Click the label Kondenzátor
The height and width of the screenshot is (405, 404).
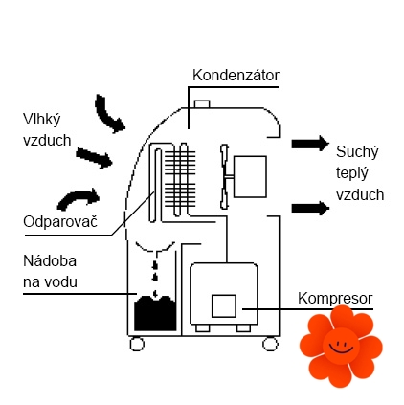(x=236, y=76)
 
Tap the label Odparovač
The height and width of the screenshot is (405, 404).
(x=60, y=221)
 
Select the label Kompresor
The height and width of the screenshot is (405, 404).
(x=335, y=298)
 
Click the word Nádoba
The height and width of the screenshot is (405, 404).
(x=50, y=260)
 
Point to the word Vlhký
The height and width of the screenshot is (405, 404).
(x=42, y=120)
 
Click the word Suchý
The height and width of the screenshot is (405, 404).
(x=357, y=152)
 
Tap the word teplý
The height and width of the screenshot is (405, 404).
(x=352, y=173)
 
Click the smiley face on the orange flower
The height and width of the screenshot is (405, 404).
(x=341, y=346)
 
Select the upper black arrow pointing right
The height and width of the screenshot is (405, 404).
(x=310, y=144)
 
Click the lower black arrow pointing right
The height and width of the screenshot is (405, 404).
(x=310, y=208)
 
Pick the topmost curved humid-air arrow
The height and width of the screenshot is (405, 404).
(x=108, y=114)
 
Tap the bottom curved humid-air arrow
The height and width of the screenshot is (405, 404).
(x=79, y=199)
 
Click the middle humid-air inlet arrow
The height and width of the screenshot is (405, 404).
(x=94, y=158)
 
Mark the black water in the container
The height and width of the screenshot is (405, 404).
(x=155, y=313)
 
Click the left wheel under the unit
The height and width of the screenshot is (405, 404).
(x=137, y=344)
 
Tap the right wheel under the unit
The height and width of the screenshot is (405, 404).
(x=270, y=344)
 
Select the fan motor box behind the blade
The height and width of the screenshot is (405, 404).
(x=250, y=176)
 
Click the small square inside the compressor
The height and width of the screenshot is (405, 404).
(x=224, y=305)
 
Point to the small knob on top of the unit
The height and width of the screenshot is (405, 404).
(x=202, y=104)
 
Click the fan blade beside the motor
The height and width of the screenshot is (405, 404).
(x=225, y=176)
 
